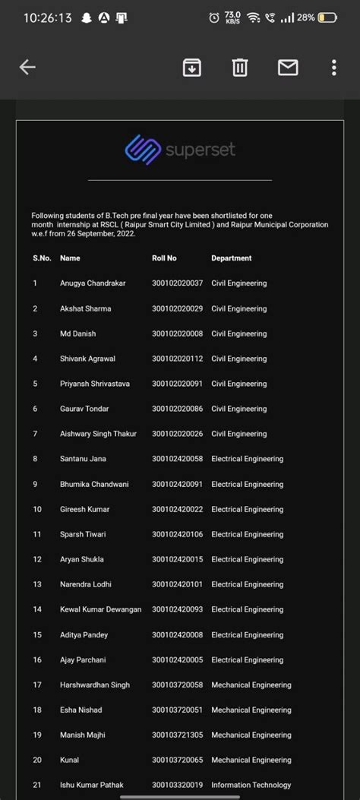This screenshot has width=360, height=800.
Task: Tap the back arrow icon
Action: [27, 68]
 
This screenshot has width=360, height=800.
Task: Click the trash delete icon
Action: [240, 68]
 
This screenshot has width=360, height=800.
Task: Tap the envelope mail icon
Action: [288, 68]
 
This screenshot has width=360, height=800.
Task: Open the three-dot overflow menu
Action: [334, 68]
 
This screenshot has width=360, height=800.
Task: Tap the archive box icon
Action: [192, 68]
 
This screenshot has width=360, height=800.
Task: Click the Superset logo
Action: [180, 149]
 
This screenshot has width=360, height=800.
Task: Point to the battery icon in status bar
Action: [328, 17]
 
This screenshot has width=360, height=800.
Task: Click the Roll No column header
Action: [164, 258]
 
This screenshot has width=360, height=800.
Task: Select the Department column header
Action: [231, 258]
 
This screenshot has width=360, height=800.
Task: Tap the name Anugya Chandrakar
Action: [93, 283]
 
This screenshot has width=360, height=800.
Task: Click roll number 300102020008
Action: [177, 334]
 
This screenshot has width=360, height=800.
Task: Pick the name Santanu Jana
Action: [83, 459]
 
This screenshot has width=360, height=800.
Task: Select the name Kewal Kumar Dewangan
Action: [101, 609]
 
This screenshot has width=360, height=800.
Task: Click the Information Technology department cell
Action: [251, 785]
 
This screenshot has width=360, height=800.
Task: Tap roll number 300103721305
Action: [177, 735]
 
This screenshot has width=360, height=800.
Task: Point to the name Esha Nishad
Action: [81, 710]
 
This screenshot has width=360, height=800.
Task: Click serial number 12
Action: [37, 559]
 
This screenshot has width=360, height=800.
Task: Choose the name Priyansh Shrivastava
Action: [95, 384]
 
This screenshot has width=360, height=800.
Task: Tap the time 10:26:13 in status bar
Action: [48, 17]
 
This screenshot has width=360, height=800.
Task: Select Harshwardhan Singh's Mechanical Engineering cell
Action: [251, 685]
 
